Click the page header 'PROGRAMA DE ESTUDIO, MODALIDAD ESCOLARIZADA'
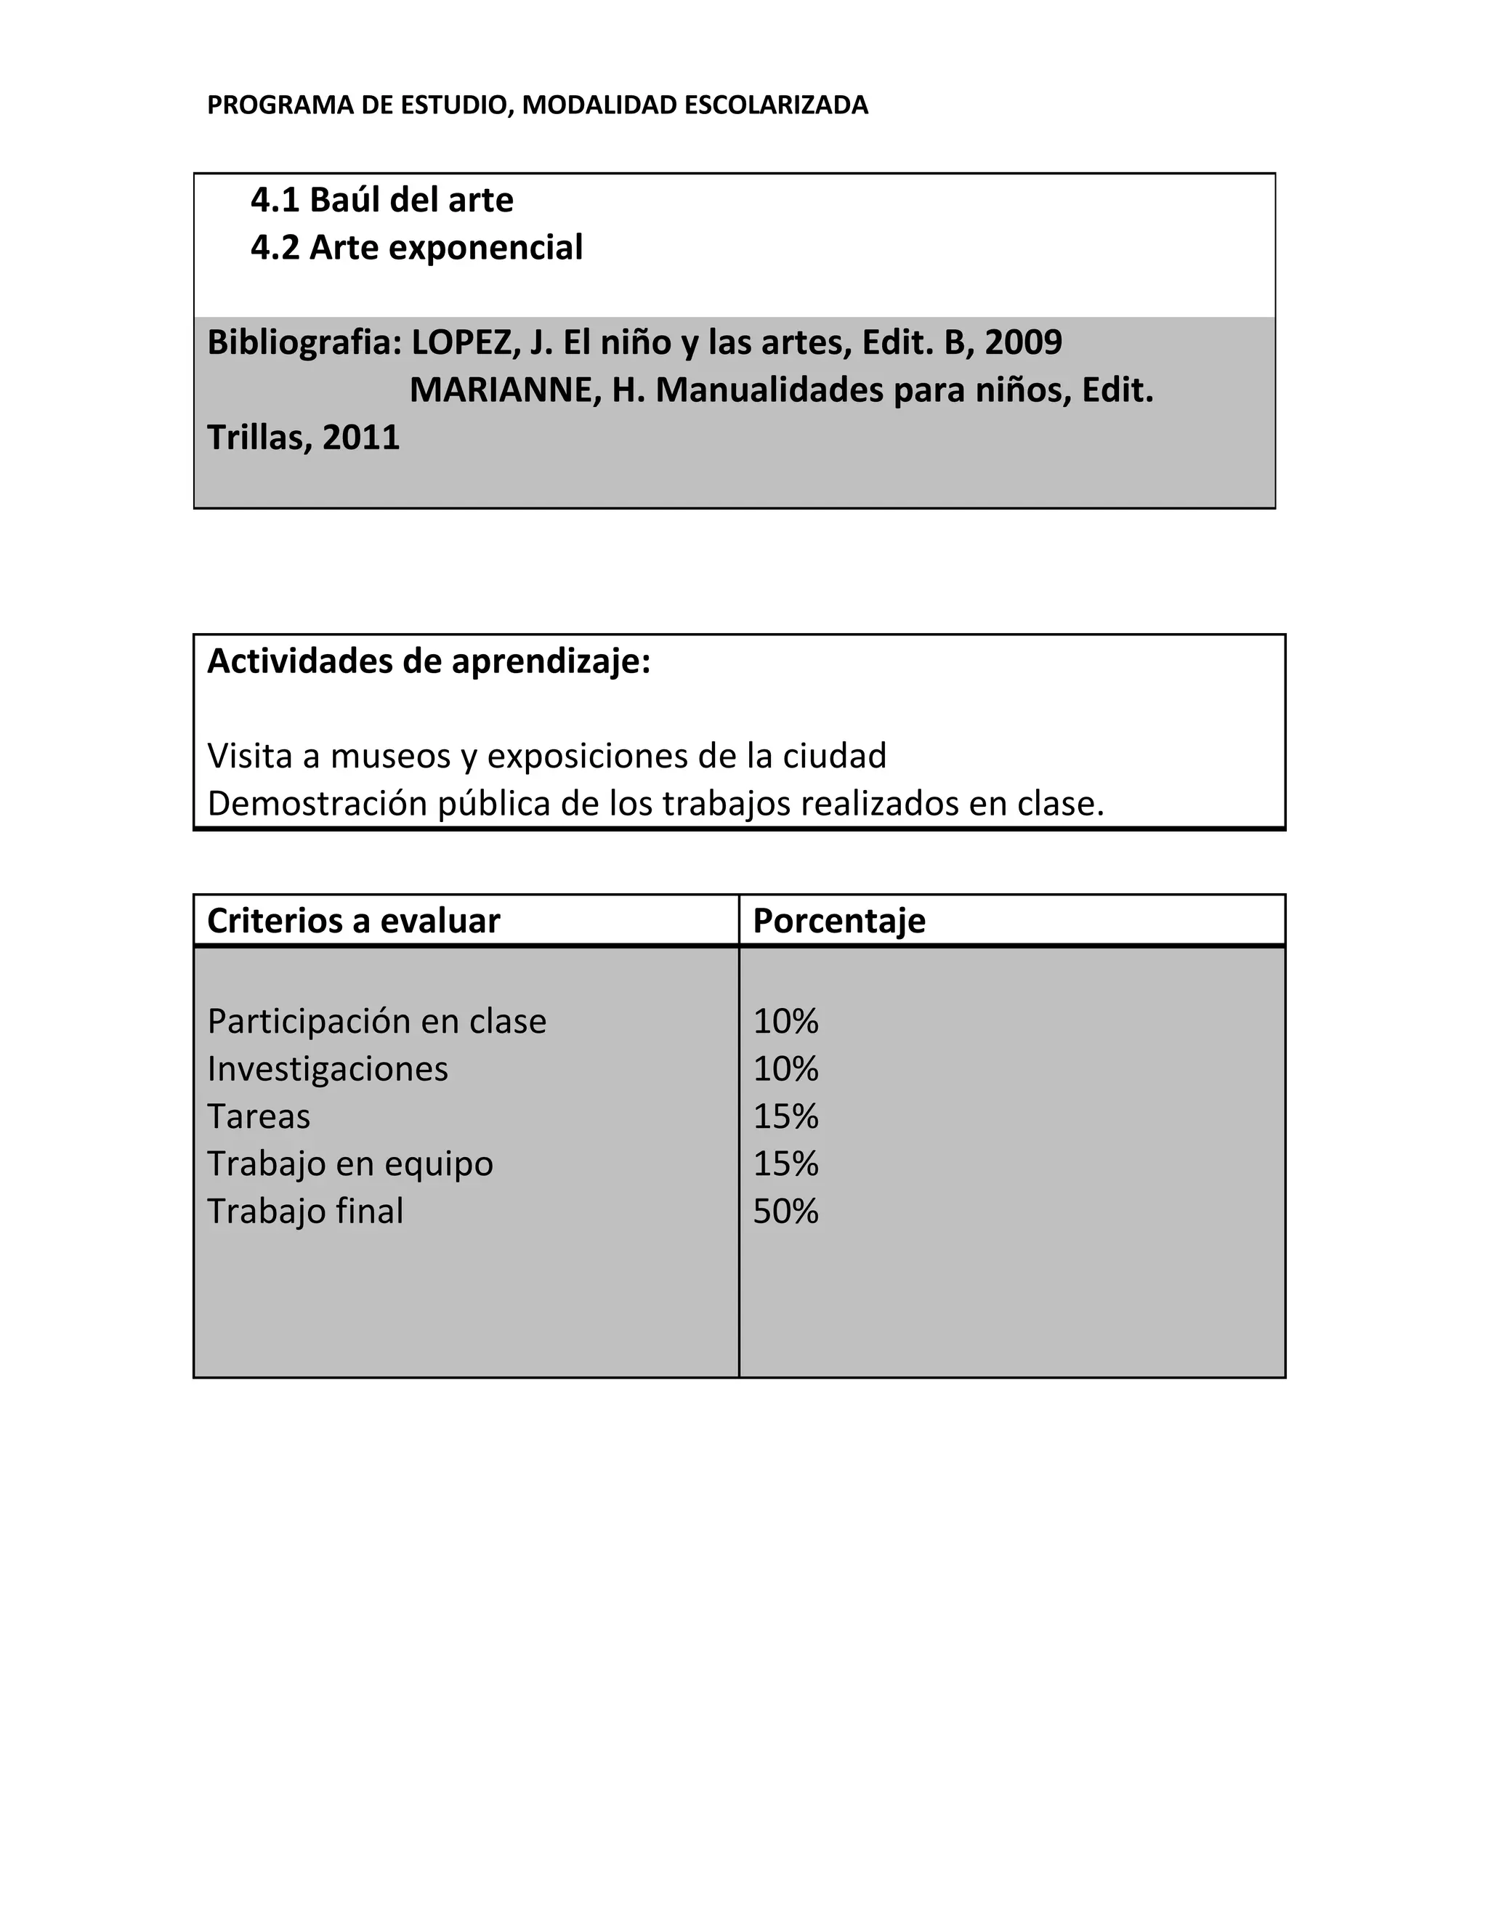tap(537, 105)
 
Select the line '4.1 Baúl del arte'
tap(381, 200)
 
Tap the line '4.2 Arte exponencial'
tap(416, 248)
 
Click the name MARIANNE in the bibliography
tap(505, 390)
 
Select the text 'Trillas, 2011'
tap(303, 438)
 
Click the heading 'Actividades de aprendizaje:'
tap(429, 661)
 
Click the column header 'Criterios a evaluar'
tap(354, 921)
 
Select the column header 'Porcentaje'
tap(838, 921)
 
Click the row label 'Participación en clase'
tap(376, 1021)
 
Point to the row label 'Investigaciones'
tap(327, 1069)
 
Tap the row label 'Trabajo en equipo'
tap(350, 1164)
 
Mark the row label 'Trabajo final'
tap(305, 1212)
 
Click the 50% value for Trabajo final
tap(785, 1212)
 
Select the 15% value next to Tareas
tap(785, 1116)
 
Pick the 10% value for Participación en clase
tap(785, 1021)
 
